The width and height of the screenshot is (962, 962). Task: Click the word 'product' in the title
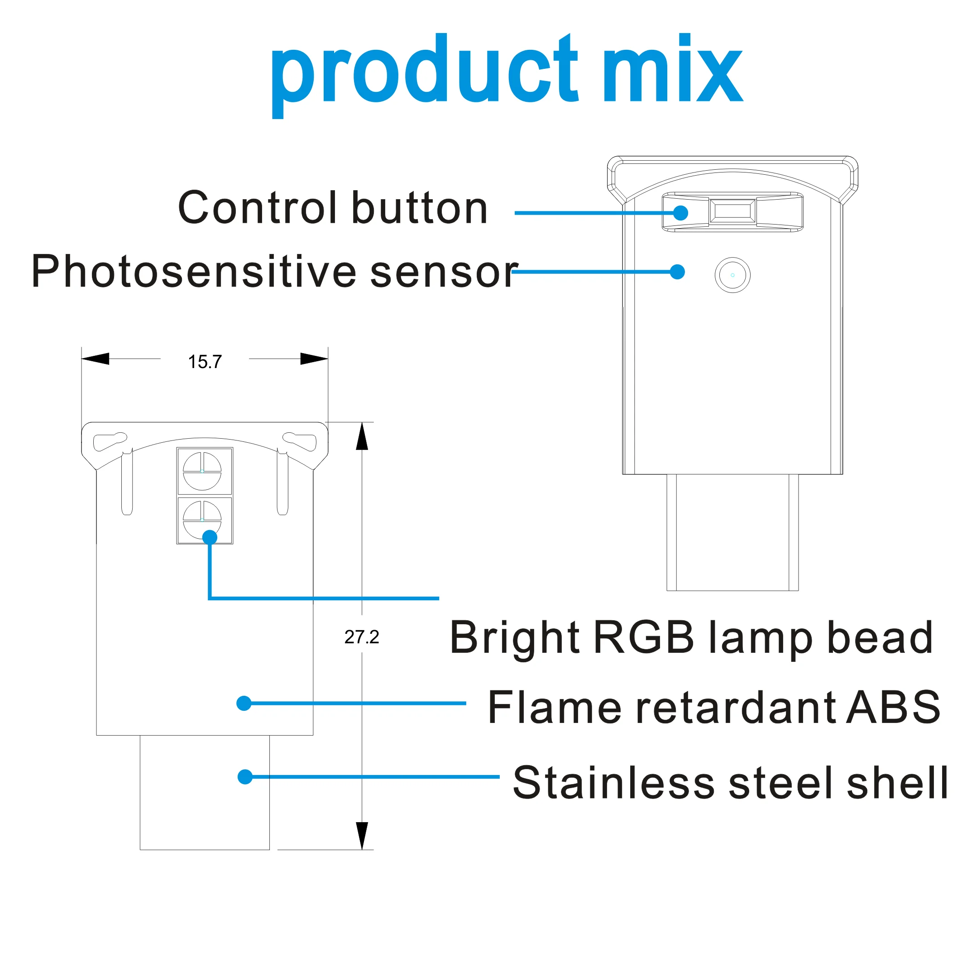(x=423, y=75)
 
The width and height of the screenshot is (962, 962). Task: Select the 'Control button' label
(x=333, y=208)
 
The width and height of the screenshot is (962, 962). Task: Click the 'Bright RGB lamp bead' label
(x=691, y=638)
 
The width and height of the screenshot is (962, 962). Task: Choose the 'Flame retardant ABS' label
(x=714, y=708)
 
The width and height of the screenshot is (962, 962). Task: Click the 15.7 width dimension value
(x=205, y=362)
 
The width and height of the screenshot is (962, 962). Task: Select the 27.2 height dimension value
(x=362, y=637)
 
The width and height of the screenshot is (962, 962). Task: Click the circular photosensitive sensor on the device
(x=732, y=275)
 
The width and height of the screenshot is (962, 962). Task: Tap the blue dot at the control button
(x=681, y=213)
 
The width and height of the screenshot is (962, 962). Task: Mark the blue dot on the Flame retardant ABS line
(x=244, y=703)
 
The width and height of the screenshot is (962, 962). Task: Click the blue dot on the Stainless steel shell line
(x=245, y=777)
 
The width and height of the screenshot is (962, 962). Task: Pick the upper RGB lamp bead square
(x=205, y=471)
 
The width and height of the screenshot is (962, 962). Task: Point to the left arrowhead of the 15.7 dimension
(x=96, y=359)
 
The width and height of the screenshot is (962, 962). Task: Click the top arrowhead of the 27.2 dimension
(x=362, y=437)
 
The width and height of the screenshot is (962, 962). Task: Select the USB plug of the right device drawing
(x=732, y=533)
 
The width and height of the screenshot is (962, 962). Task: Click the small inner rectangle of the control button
(x=732, y=211)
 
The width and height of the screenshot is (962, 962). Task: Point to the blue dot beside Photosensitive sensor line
(x=677, y=272)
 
